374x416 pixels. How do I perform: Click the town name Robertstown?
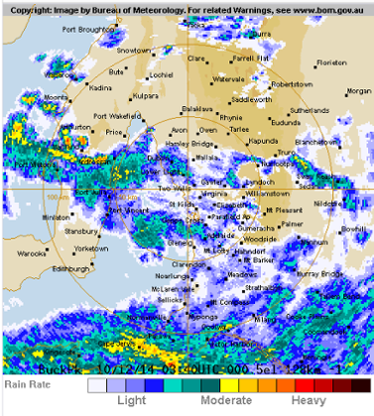pos(291,84)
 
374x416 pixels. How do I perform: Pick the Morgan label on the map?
pos(358,91)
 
